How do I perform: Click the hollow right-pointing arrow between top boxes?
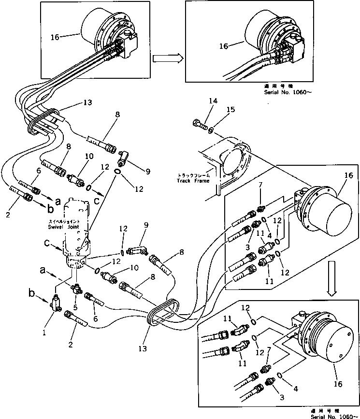(x=167, y=58)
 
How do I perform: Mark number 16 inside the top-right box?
(x=223, y=47)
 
